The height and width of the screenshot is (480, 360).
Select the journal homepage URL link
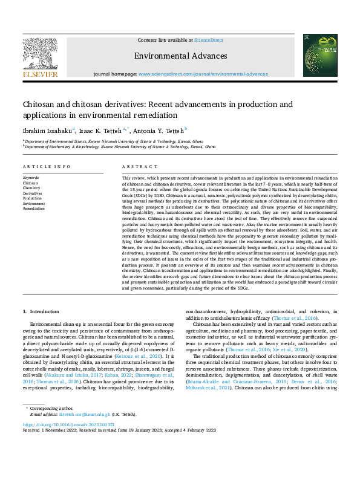click(x=203, y=74)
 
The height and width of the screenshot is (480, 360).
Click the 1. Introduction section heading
click(x=41, y=311)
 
